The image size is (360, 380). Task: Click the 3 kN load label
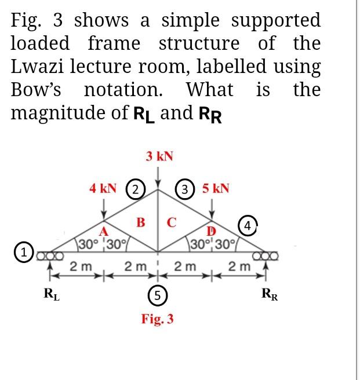(159, 156)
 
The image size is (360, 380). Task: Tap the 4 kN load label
(103, 188)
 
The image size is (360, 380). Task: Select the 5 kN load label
(216, 188)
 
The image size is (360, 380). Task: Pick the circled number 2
(136, 189)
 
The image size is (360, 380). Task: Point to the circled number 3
(185, 189)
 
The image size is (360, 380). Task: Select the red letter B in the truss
(140, 221)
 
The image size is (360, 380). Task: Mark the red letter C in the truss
(172, 221)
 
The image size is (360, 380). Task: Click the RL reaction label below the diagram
(51, 292)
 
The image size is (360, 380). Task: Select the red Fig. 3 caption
(158, 319)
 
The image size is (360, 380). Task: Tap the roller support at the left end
(46, 254)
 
